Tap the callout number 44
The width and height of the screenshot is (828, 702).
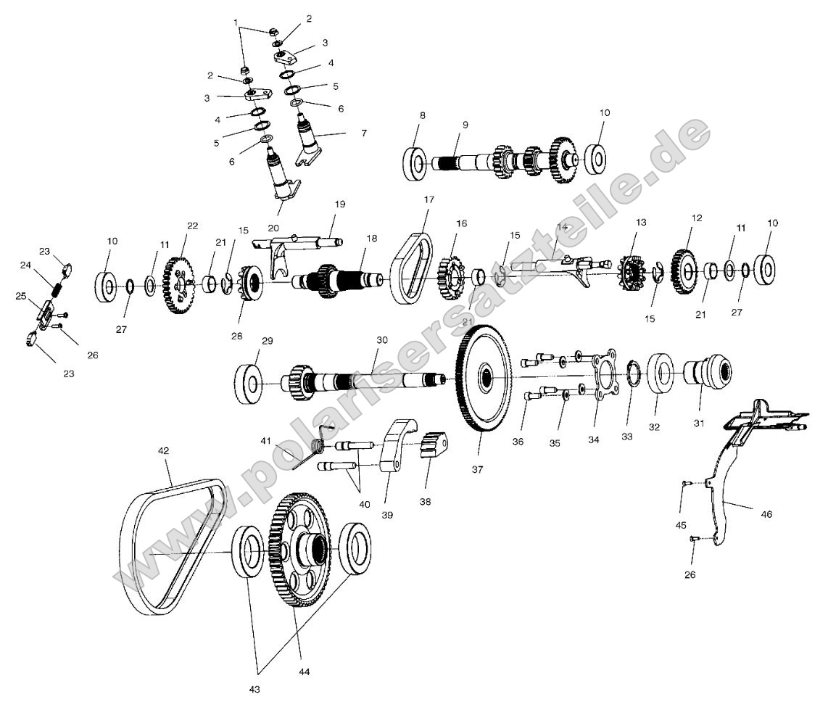point(305,672)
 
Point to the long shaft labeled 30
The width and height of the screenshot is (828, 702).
point(363,379)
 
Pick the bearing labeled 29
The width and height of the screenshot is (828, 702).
point(249,383)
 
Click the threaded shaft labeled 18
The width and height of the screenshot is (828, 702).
point(341,278)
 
